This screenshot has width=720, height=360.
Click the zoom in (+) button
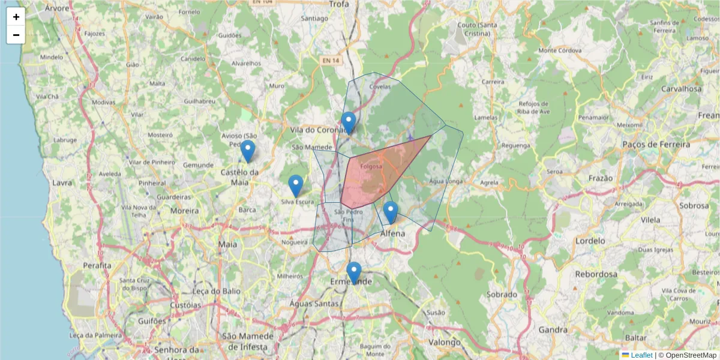[16, 17]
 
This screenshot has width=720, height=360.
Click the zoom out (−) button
[16, 35]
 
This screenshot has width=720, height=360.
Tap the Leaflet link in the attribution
[641, 355]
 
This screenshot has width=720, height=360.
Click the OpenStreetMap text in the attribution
[691, 355]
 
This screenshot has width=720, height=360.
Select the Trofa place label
[339, 4]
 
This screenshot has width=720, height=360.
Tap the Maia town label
[228, 244]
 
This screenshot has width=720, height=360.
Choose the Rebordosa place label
[596, 274]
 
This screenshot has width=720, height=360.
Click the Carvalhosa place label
[680, 89]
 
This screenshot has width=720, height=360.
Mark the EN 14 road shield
[329, 61]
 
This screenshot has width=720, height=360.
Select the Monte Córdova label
[560, 50]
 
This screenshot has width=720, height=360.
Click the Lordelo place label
[590, 241]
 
